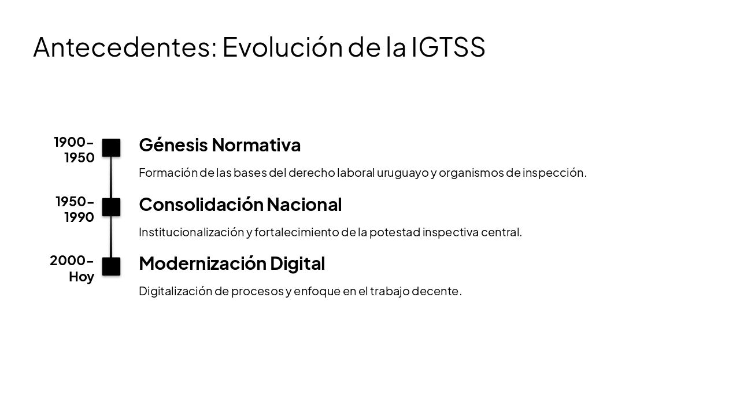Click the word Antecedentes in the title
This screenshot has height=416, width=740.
click(x=125, y=47)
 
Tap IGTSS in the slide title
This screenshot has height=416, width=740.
click(x=448, y=47)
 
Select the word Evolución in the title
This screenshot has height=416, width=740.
click(x=283, y=47)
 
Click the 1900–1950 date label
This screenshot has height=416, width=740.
click(x=75, y=150)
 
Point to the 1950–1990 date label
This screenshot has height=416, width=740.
click(x=75, y=209)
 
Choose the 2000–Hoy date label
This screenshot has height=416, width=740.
click(x=72, y=268)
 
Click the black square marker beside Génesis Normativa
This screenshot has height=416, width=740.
click(x=111, y=148)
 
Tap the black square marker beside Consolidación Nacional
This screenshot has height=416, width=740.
click(x=111, y=207)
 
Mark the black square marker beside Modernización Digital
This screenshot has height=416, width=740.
click(x=111, y=266)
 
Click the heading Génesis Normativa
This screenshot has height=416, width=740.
click(x=220, y=144)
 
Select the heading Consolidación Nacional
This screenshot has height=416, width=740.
click(x=240, y=204)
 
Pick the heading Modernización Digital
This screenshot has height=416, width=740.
click(x=232, y=263)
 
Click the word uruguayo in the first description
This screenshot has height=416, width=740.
click(x=402, y=173)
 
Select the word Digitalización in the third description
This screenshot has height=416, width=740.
click(x=175, y=291)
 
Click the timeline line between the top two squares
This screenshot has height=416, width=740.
click(x=111, y=177)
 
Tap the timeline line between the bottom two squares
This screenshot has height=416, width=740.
click(x=111, y=237)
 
